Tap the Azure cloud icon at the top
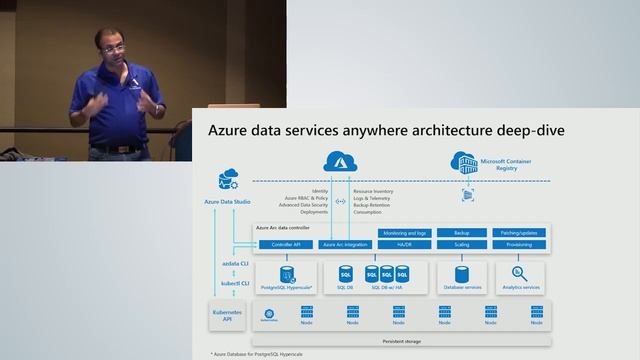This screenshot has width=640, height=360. click(x=333, y=161)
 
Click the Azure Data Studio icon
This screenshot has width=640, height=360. click(x=226, y=181)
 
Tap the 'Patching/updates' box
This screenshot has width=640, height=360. click(x=518, y=232)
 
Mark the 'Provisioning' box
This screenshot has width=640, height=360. click(x=518, y=244)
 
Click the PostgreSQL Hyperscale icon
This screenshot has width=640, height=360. click(x=287, y=273)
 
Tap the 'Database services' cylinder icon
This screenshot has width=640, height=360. click(x=462, y=273)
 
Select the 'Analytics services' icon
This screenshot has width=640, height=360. click(x=518, y=273)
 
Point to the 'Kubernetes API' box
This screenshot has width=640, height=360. click(x=226, y=316)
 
